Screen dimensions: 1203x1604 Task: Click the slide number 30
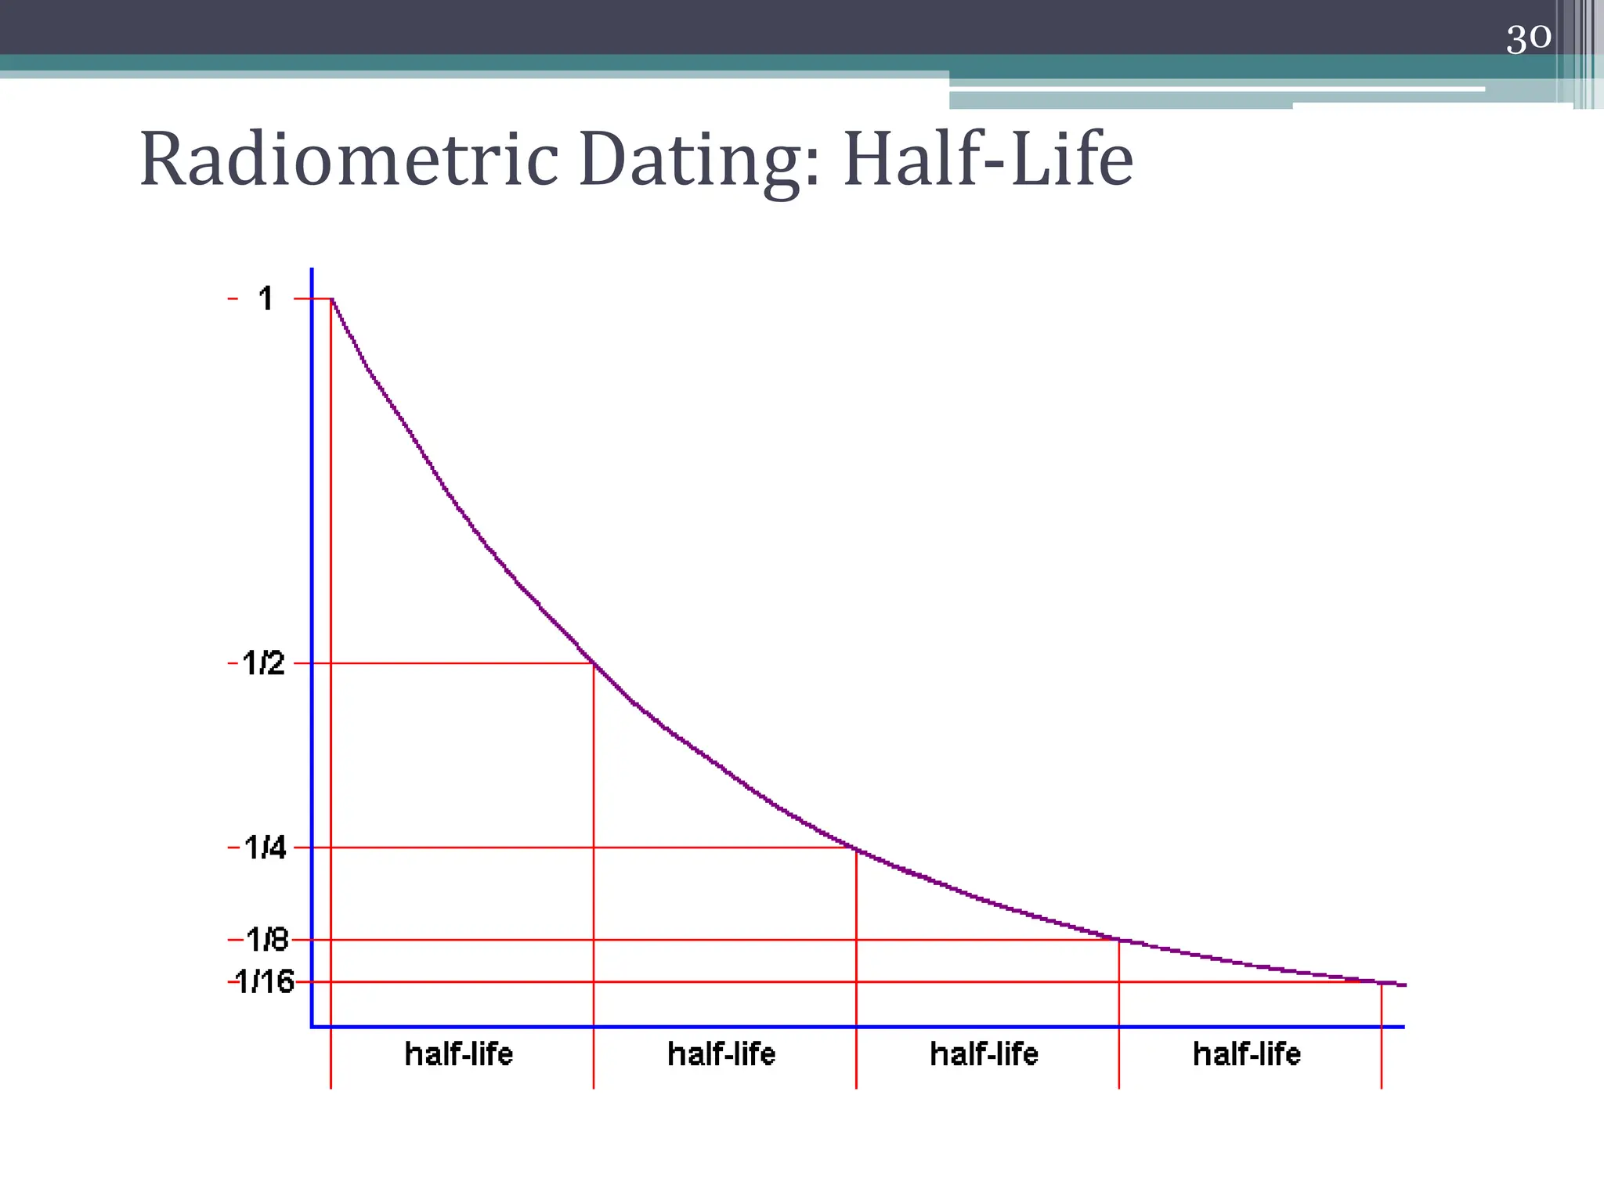1528,38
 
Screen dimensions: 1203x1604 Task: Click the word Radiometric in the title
349,160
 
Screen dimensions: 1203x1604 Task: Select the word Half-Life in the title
988,160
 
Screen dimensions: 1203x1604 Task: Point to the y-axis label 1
266,298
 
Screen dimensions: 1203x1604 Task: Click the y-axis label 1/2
264,663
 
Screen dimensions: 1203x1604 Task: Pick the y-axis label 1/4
265,847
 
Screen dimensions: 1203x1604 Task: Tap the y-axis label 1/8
267,939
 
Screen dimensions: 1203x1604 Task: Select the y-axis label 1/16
265,981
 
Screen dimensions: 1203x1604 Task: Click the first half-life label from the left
459,1054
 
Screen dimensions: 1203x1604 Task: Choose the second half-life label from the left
721,1054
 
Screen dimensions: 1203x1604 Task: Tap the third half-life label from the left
984,1054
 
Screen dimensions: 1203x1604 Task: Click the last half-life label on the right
1247,1054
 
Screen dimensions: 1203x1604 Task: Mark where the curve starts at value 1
332,299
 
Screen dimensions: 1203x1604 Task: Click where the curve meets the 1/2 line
594,663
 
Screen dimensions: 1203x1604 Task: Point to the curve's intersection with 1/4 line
856,848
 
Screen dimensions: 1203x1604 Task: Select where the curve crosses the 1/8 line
1118,939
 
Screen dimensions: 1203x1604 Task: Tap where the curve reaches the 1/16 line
1381,982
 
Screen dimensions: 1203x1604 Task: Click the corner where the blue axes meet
312,1026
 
